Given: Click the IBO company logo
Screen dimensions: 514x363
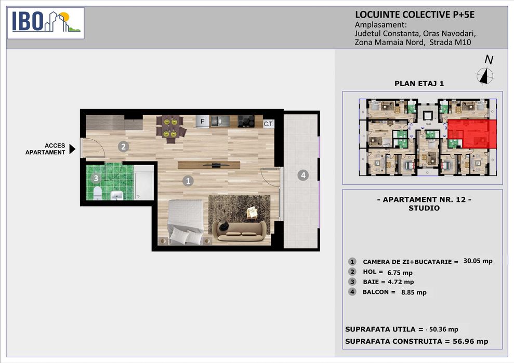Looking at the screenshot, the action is (x=46, y=23).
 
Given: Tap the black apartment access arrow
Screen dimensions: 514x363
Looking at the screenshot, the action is (x=72, y=149).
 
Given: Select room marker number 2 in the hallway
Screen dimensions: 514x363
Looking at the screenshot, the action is (x=123, y=146).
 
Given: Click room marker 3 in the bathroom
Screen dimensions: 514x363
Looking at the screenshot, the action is (x=96, y=178).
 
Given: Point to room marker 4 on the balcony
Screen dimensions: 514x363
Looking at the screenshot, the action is (x=303, y=176).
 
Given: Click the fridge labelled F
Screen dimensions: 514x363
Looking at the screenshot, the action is (x=202, y=121).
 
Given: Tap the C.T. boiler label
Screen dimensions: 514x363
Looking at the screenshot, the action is (x=269, y=124).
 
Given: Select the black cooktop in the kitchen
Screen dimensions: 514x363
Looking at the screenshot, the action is (x=246, y=121).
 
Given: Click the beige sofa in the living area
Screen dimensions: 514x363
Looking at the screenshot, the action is (x=239, y=231).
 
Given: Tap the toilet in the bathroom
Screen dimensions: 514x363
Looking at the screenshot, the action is (x=98, y=193).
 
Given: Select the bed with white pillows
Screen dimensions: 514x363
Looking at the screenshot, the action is (x=186, y=222).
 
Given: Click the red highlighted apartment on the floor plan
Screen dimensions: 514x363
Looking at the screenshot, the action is (x=472, y=133).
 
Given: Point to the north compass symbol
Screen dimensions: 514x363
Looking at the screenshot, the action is (x=485, y=76).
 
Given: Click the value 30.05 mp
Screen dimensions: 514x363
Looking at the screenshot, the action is (x=478, y=261).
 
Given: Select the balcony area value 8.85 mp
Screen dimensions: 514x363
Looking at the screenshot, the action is (x=414, y=292).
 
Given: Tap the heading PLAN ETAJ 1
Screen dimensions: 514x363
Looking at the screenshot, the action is (x=419, y=84).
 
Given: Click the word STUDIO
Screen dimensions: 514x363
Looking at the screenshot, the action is (x=424, y=208).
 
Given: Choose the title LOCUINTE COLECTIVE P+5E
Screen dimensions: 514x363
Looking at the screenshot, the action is (x=415, y=15).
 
